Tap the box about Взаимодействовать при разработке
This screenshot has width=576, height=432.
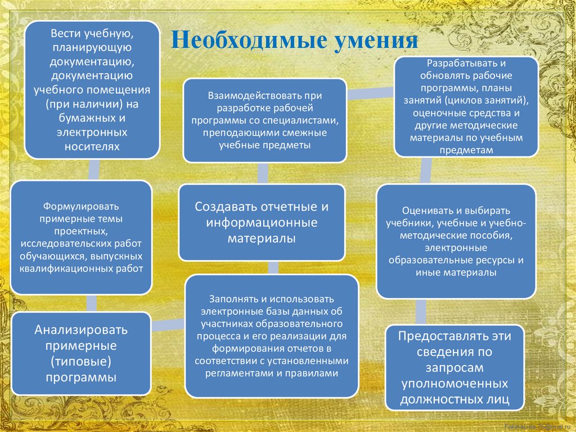tap(264, 121)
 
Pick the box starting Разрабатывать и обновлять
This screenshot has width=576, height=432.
tap(466, 106)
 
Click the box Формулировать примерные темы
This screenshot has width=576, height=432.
tap(82, 237)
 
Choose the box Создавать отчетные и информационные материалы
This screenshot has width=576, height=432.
tap(262, 222)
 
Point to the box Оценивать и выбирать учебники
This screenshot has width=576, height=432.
tap(456, 241)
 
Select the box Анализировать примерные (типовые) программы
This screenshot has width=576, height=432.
tap(82, 353)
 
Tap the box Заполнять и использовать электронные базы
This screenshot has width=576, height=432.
tap(272, 336)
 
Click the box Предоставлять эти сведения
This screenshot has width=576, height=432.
tap(454, 368)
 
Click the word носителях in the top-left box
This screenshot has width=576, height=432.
tap(92, 146)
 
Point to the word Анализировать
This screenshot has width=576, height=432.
tap(82, 329)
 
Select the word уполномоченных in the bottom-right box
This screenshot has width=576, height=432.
tap(454, 384)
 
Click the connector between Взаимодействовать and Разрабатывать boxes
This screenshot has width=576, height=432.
tap(370, 93)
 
